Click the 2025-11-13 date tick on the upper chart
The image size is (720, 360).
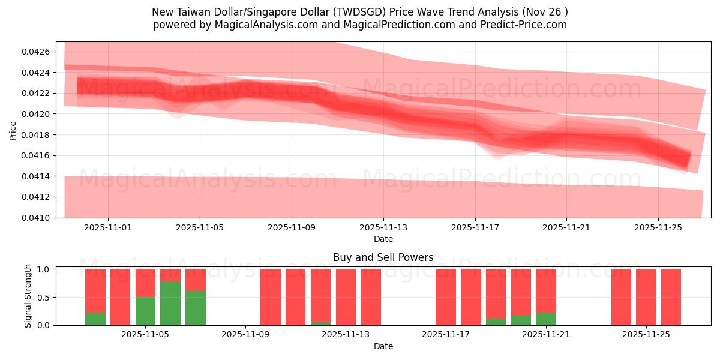383,227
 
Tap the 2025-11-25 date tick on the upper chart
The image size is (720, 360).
658,227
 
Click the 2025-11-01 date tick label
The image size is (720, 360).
108,227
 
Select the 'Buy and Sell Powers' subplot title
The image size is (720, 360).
383,257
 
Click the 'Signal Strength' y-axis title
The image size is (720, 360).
28,296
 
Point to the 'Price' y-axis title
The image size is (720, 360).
13,130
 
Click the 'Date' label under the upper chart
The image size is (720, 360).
383,239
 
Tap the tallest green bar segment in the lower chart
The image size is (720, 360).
170,303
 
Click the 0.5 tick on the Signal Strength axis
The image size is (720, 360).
44,297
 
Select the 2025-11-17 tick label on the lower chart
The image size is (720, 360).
446,335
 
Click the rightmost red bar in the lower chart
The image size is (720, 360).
671,297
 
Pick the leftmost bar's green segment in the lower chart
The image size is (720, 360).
95,319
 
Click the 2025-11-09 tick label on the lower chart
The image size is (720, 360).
246,335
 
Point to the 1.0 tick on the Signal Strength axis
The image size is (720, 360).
44,269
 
